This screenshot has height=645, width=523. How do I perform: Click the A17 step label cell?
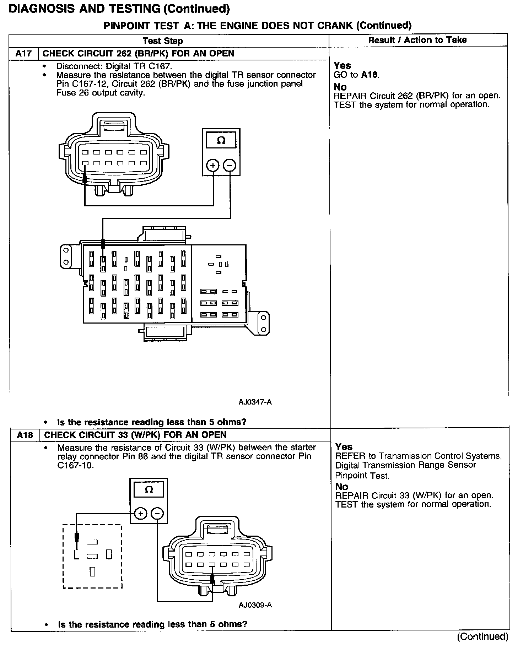(x=23, y=54)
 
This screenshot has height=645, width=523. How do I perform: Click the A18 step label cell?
(x=25, y=435)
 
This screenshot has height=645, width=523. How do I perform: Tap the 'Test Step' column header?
(x=163, y=40)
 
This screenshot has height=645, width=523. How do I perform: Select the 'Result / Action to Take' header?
(x=417, y=40)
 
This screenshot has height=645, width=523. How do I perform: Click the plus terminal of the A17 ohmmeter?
(x=213, y=166)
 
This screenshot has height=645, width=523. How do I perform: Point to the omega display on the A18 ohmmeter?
(x=149, y=490)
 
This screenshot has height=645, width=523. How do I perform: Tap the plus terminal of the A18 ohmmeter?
(x=141, y=514)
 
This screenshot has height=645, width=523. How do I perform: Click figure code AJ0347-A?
(x=255, y=402)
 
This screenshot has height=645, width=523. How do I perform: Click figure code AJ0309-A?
(x=255, y=605)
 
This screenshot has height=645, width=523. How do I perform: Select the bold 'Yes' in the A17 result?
(x=342, y=66)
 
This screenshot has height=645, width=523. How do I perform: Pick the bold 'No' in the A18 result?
(x=341, y=487)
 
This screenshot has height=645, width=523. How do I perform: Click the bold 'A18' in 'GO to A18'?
(x=370, y=75)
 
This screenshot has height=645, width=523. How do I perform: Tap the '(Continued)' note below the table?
(x=482, y=636)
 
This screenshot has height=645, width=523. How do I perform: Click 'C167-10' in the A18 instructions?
(x=75, y=465)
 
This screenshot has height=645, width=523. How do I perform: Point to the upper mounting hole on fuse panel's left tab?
(x=66, y=250)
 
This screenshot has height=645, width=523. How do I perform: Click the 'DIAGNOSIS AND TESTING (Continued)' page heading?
(x=119, y=9)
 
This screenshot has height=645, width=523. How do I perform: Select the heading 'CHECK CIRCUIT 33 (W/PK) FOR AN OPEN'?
(x=135, y=435)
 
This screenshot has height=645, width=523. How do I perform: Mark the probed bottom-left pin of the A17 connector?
(x=85, y=163)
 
